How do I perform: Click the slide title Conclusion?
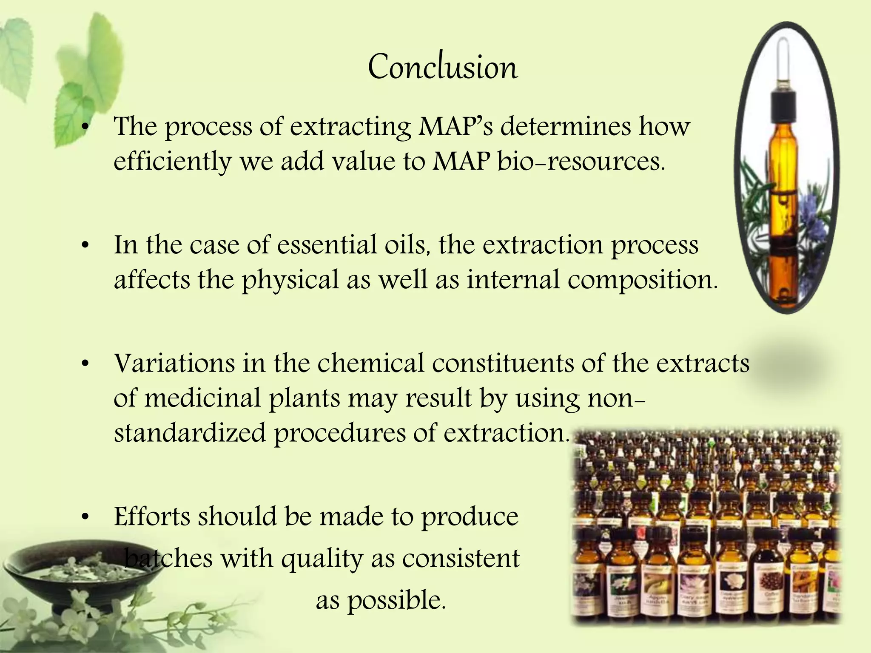(x=443, y=67)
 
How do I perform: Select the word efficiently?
(x=172, y=162)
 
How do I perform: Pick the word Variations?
(x=174, y=363)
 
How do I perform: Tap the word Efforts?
(x=152, y=517)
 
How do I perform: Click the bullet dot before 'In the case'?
(x=85, y=246)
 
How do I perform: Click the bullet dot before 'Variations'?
(x=85, y=364)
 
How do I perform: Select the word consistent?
(x=461, y=559)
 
